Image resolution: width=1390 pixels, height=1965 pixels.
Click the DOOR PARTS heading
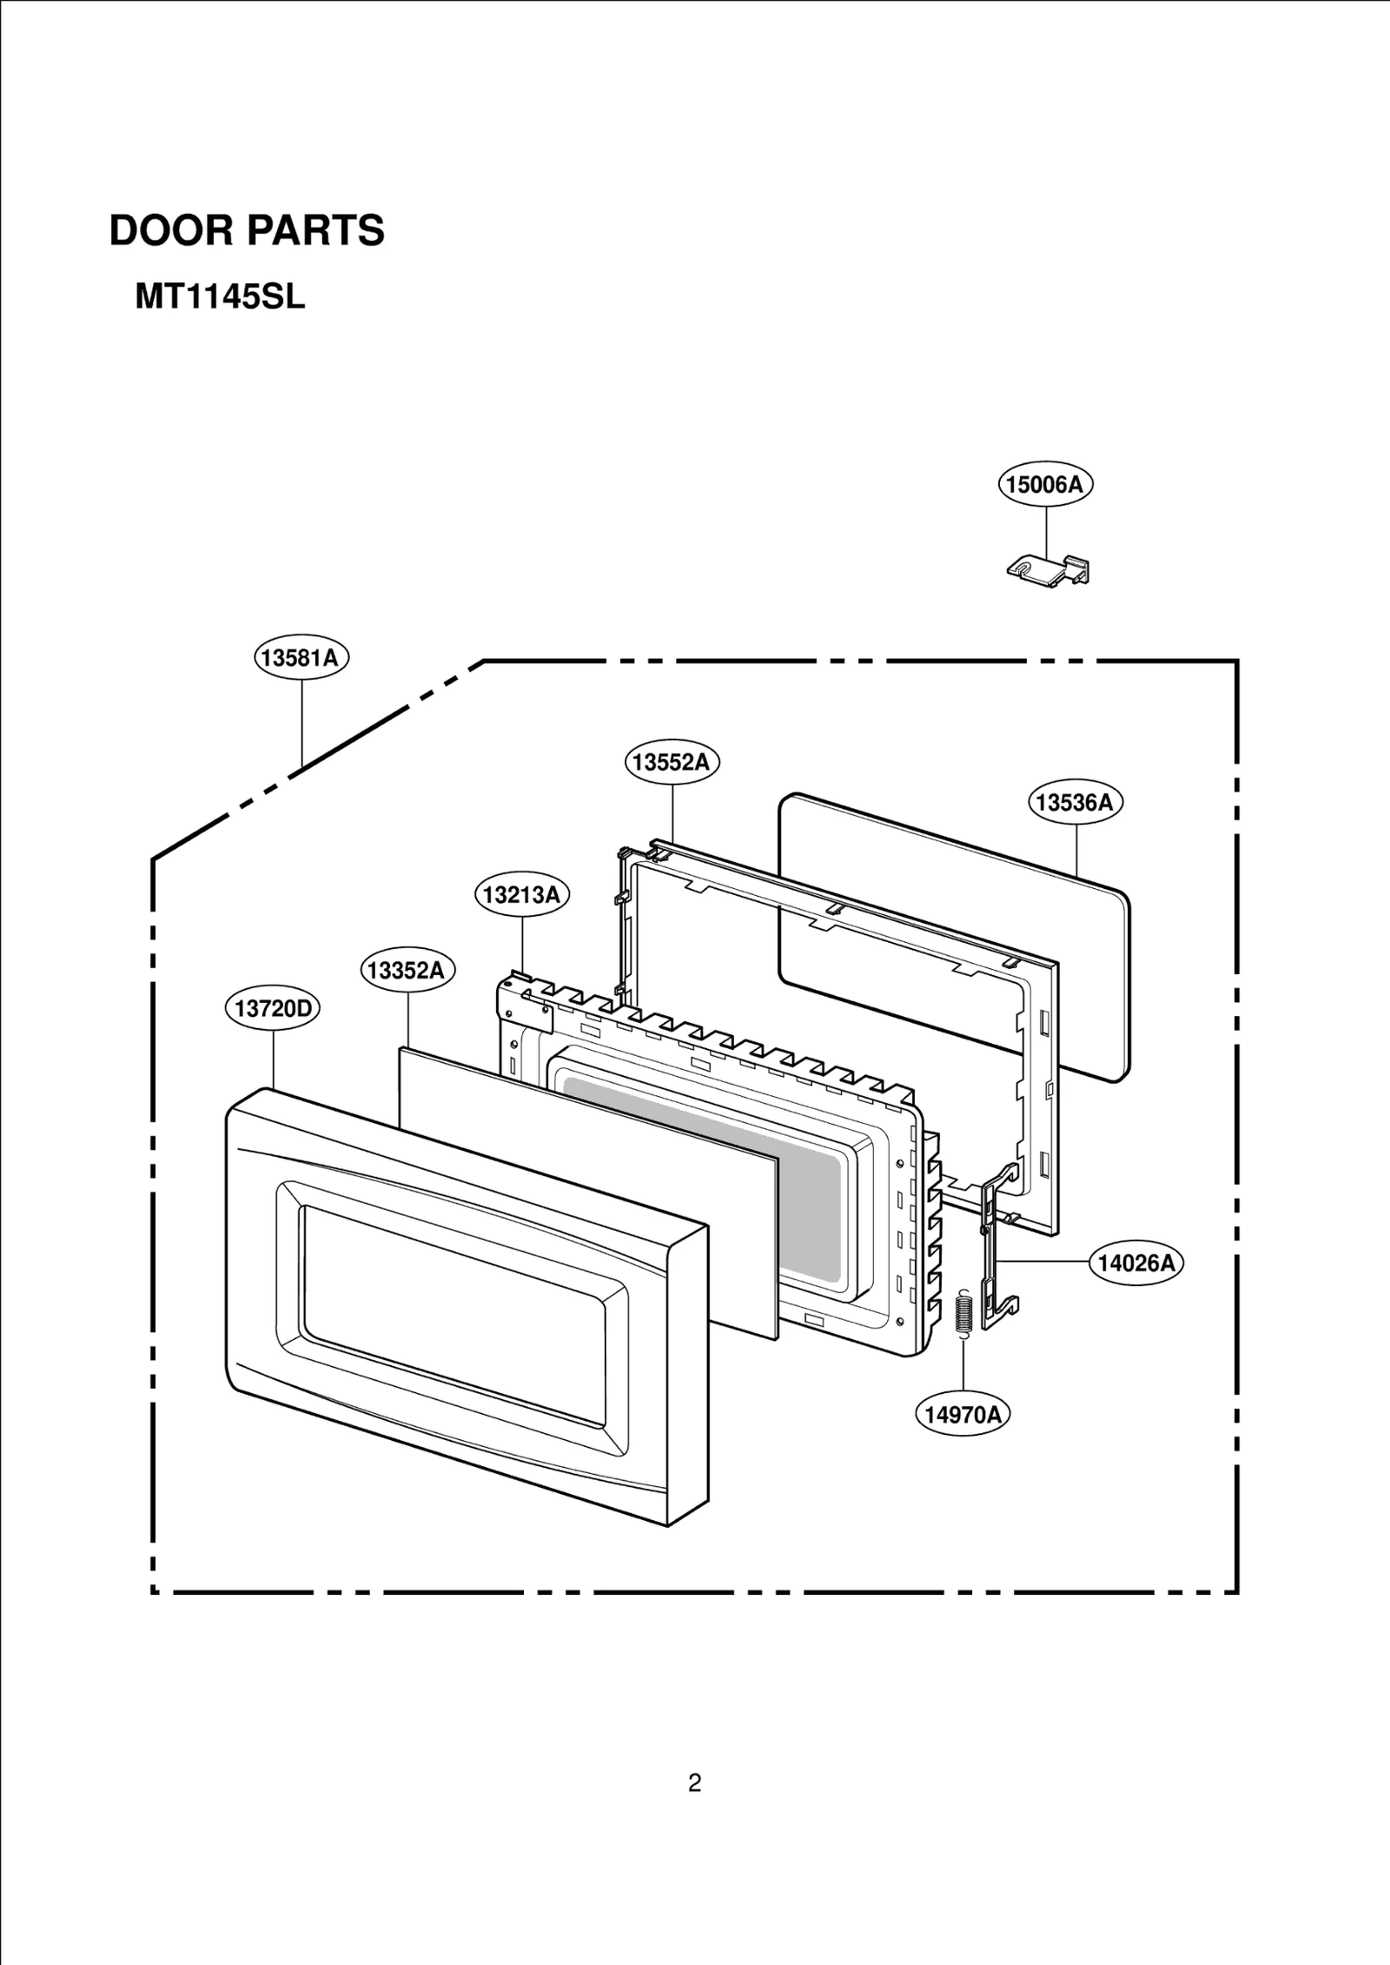point(247,231)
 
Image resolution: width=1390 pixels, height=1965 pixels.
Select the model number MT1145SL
point(220,298)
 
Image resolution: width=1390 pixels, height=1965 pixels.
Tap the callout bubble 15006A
point(1044,484)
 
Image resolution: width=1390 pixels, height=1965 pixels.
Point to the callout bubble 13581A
point(301,658)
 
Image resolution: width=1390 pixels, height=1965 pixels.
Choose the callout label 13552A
point(672,762)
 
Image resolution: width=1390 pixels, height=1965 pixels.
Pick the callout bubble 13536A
point(1076,802)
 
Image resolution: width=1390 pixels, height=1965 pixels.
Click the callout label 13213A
point(521,894)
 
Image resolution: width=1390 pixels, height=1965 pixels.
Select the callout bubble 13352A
point(407,970)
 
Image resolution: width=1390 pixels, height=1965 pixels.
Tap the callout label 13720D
point(273,1008)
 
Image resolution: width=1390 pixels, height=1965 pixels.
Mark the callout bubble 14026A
point(1135,1263)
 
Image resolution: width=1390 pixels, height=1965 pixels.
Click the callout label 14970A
point(963,1415)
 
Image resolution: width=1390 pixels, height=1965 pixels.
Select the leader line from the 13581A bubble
point(301,721)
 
